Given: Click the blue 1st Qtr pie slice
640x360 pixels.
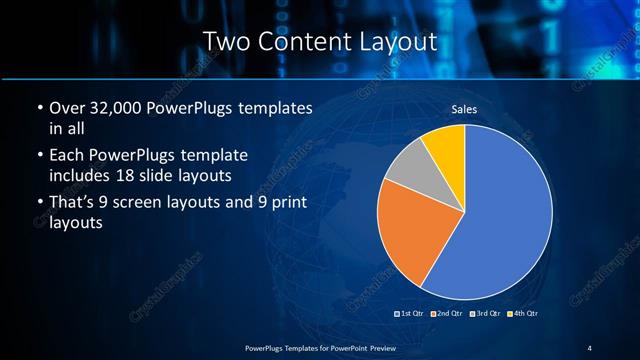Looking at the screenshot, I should [x=505, y=220].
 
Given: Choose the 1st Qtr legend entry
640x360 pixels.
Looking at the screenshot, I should [x=411, y=314].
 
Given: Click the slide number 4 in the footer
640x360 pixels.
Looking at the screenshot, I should [x=590, y=347].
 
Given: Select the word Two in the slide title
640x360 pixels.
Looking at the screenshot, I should [x=227, y=42].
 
